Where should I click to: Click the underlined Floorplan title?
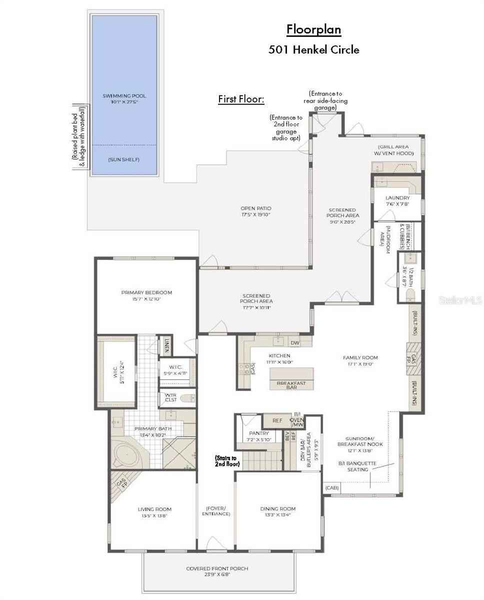[313, 30]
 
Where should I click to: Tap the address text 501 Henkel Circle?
[313, 49]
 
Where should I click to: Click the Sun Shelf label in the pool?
[123, 159]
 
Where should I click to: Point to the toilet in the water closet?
[188, 398]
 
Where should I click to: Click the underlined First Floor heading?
[241, 99]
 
